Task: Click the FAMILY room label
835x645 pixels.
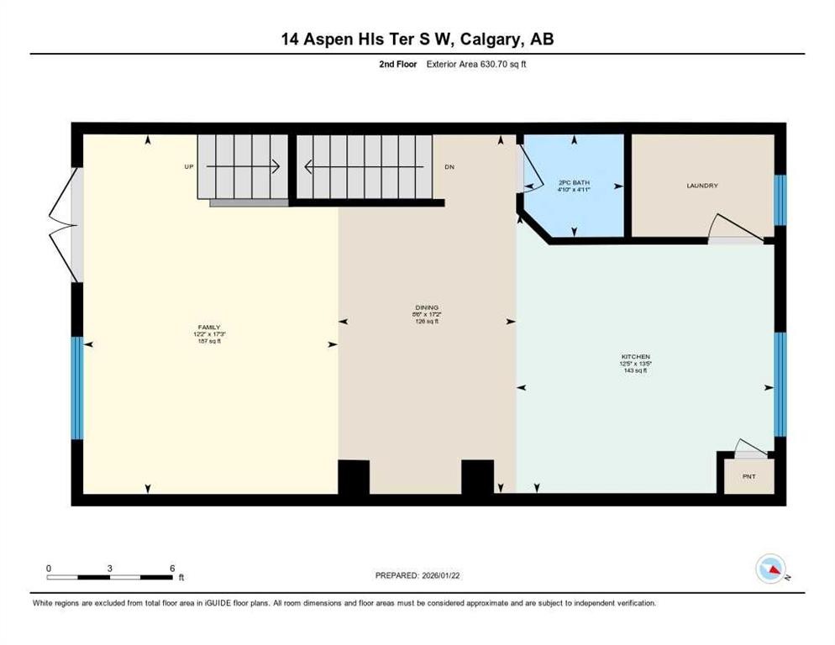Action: coord(209,327)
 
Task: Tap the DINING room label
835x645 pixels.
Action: coord(427,307)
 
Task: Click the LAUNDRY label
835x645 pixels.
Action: coord(701,186)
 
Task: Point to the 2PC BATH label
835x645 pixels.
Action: coord(570,182)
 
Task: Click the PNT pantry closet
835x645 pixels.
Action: coord(748,476)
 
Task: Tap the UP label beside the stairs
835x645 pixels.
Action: coord(189,167)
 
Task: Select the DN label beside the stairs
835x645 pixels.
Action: coord(449,167)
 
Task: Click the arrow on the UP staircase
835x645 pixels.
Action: coord(243,167)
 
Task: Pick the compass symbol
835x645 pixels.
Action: coord(770,569)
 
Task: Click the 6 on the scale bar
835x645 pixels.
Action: coord(172,568)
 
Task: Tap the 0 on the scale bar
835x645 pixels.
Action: coord(49,568)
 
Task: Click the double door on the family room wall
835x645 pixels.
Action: coord(66,224)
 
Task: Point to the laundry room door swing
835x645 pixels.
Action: coord(727,228)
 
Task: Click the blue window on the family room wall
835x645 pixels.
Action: coord(77,388)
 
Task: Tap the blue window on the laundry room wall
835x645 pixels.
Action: coord(780,200)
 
